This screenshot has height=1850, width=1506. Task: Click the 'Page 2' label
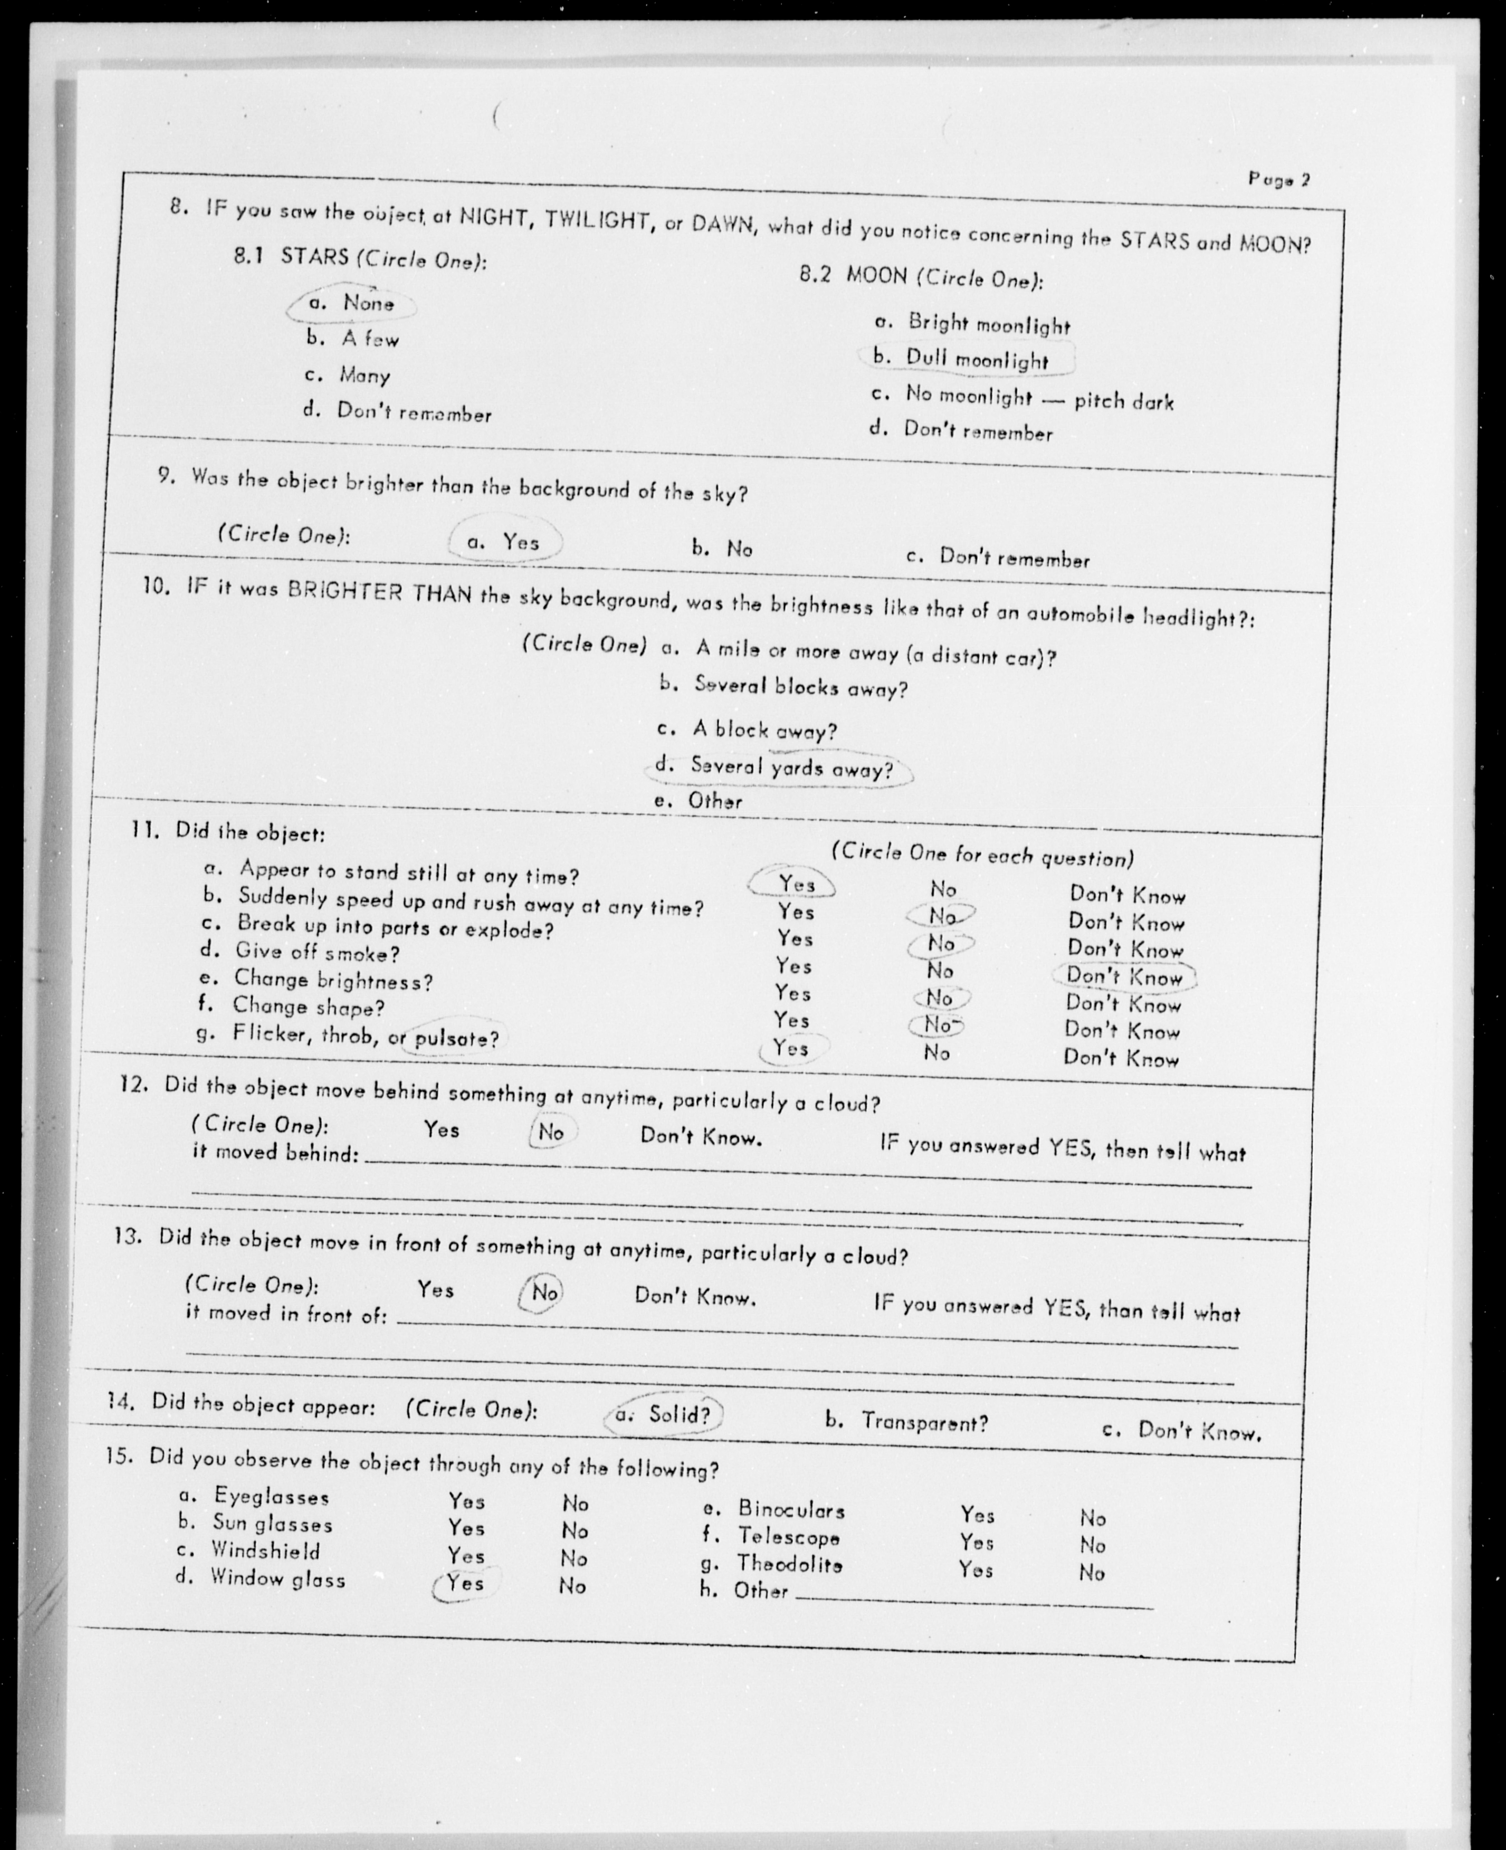point(1279,180)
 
